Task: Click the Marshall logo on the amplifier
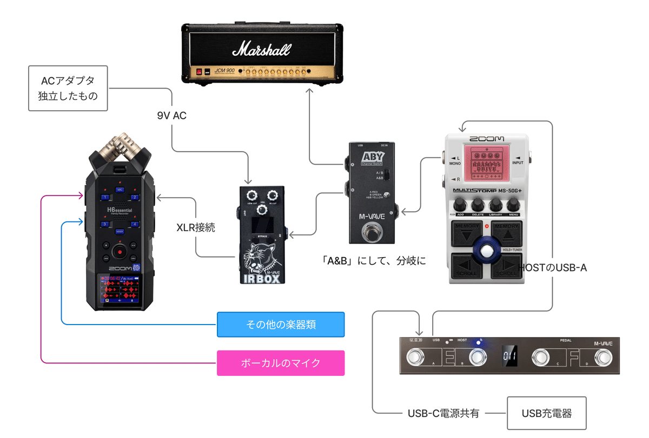[261, 50]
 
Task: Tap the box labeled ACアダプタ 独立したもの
[68, 89]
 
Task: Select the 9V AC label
[172, 115]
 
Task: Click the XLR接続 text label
[196, 227]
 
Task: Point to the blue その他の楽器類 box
[280, 325]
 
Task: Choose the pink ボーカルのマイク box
[280, 363]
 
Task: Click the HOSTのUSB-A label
[552, 267]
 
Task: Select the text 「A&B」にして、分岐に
[373, 260]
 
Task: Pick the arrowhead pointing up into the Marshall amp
[310, 92]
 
